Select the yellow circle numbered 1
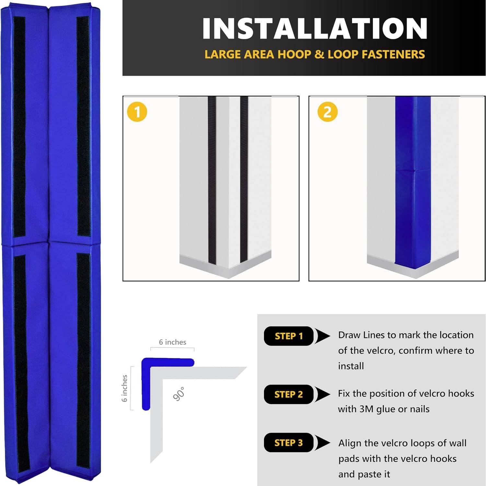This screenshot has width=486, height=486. [x=137, y=112]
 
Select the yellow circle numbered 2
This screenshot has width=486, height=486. [x=328, y=112]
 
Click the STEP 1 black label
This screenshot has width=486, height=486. [x=288, y=336]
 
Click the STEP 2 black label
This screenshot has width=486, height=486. [x=288, y=394]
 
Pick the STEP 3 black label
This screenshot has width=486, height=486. [x=288, y=443]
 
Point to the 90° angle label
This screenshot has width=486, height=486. [x=179, y=394]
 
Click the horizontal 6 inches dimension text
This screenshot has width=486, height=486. [x=172, y=342]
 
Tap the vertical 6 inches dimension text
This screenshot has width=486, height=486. [x=125, y=388]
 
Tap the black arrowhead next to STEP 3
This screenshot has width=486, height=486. [x=322, y=443]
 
